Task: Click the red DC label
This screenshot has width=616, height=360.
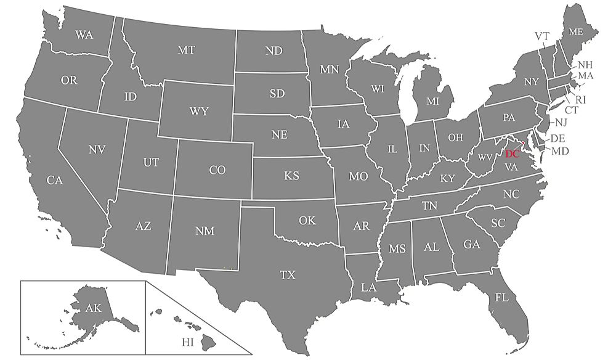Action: (x=513, y=154)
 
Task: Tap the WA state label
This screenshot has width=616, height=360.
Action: (x=84, y=35)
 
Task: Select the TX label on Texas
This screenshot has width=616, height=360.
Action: (x=288, y=275)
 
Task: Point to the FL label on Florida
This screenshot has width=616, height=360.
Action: (x=502, y=297)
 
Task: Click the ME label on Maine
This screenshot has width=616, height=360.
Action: (x=576, y=31)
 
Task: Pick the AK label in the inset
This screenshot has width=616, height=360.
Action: (x=94, y=308)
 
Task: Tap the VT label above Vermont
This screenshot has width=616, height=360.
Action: (x=541, y=36)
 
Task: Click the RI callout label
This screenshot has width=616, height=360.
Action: (x=580, y=99)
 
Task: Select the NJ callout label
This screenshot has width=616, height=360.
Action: (x=561, y=123)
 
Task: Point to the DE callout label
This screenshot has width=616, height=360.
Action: (x=557, y=139)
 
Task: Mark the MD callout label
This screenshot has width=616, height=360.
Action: (x=560, y=151)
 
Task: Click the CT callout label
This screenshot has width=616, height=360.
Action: (x=572, y=110)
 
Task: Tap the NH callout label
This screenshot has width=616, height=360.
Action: (x=585, y=65)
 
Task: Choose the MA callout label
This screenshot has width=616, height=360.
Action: (x=585, y=76)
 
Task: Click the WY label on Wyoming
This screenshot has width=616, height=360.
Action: (x=199, y=112)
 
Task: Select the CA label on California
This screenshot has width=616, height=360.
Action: (x=55, y=181)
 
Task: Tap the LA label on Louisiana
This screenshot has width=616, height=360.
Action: (x=368, y=287)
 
